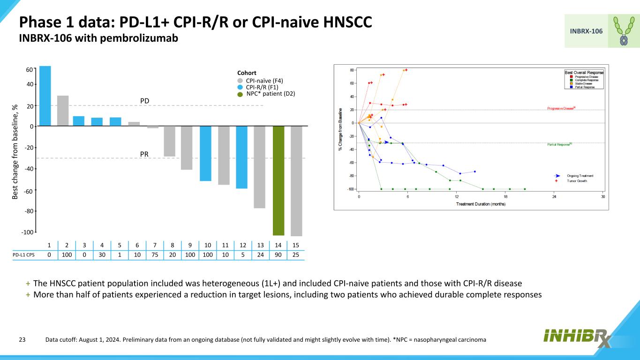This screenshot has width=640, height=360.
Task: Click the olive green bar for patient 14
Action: [x=279, y=180]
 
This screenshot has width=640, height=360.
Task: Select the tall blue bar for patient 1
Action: [x=45, y=96]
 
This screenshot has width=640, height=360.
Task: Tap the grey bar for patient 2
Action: [x=63, y=111]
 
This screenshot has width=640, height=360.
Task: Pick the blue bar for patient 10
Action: [x=206, y=153]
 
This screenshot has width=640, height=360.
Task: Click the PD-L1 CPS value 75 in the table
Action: [x=155, y=255]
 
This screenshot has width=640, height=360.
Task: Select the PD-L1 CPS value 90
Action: [x=278, y=255]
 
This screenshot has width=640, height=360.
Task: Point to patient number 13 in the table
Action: [x=260, y=245]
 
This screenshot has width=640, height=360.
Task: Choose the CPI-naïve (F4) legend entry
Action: [x=264, y=81]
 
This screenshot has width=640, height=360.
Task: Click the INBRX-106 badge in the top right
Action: [x=586, y=31]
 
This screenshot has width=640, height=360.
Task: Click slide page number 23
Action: [x=22, y=339]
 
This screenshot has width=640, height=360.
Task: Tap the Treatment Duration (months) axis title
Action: [x=481, y=204]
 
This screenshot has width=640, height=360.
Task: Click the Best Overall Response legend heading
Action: [x=584, y=73]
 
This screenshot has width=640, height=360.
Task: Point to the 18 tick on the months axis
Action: [x=505, y=197]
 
